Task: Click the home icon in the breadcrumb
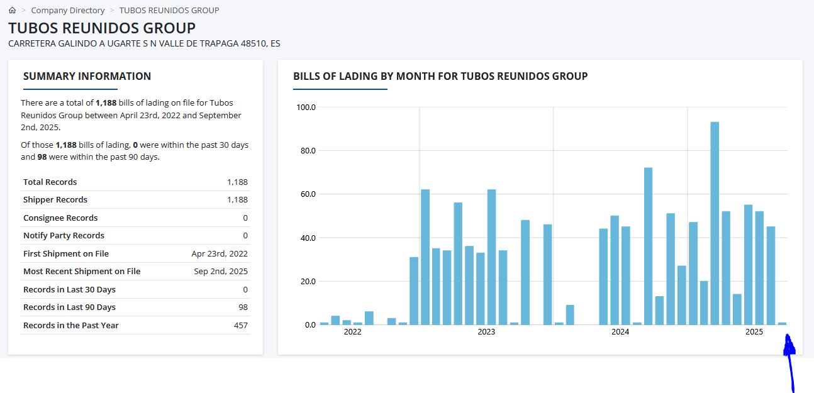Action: pyautogui.click(x=13, y=10)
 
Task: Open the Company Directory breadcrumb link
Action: pyautogui.click(x=68, y=10)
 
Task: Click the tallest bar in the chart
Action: pyautogui.click(x=715, y=223)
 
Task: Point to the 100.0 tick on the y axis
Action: pyautogui.click(x=306, y=107)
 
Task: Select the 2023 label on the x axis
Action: pyautogui.click(x=486, y=331)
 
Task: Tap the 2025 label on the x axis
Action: pyautogui.click(x=754, y=331)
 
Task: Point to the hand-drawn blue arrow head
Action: pyautogui.click(x=789, y=345)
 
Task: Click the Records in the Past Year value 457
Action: pyautogui.click(x=240, y=325)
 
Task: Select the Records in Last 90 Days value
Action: pyautogui.click(x=243, y=307)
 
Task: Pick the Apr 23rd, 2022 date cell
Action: pyautogui.click(x=220, y=253)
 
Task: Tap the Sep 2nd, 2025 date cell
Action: pyautogui.click(x=221, y=271)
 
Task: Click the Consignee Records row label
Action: pyautogui.click(x=60, y=218)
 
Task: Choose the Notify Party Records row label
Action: pyautogui.click(x=64, y=235)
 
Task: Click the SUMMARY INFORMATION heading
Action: pyautogui.click(x=87, y=76)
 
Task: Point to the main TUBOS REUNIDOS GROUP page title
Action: pyautogui.click(x=102, y=28)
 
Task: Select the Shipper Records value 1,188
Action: pyautogui.click(x=237, y=200)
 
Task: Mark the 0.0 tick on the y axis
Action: pyautogui.click(x=310, y=324)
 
